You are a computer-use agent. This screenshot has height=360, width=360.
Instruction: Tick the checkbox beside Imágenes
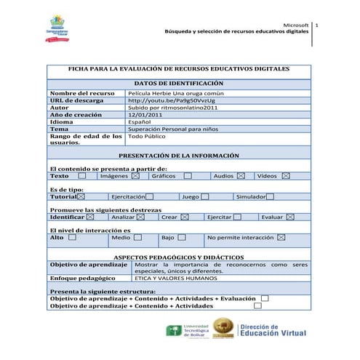click(136, 176)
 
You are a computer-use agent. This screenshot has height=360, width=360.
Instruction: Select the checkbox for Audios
click(241, 176)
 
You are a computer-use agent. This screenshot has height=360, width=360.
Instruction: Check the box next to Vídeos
click(286, 176)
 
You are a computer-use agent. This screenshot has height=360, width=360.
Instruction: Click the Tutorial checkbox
click(81, 196)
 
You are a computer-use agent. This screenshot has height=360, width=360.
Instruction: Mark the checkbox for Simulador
click(270, 196)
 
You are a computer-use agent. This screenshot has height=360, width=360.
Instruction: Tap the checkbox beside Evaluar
click(291, 217)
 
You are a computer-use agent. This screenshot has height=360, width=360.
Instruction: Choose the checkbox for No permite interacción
click(281, 237)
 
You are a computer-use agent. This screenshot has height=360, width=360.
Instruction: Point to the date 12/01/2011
click(145, 115)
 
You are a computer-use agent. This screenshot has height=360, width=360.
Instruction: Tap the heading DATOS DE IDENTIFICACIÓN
click(179, 84)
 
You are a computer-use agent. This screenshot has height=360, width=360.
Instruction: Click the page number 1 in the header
click(318, 26)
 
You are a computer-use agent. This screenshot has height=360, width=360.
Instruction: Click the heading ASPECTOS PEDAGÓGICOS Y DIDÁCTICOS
click(179, 257)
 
